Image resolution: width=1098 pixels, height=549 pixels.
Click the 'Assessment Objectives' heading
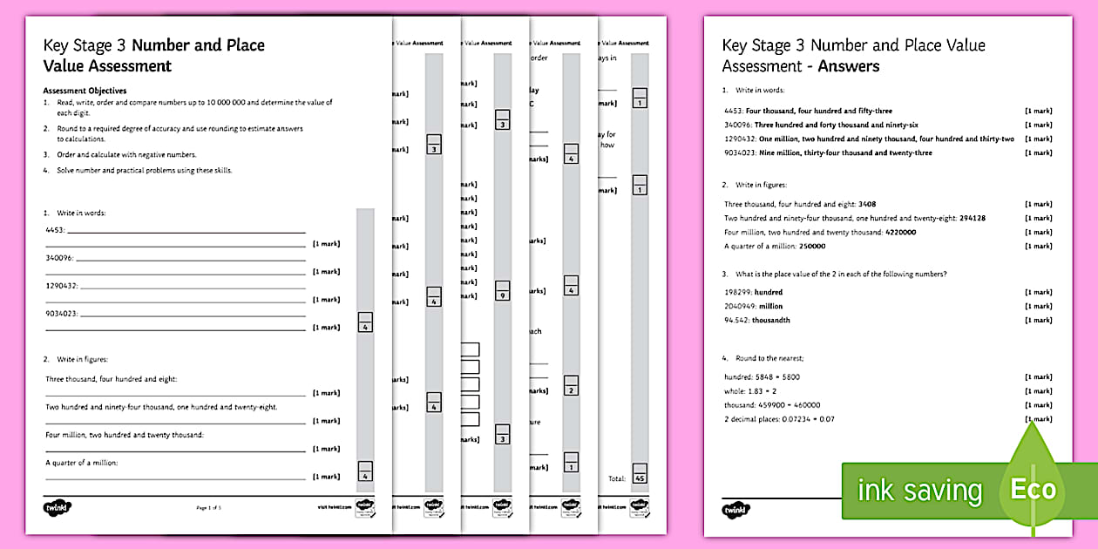(x=85, y=91)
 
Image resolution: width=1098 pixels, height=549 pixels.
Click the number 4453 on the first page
(x=55, y=230)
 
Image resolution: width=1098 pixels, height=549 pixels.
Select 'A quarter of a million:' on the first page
(x=81, y=463)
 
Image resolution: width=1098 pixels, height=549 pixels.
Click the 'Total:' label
(x=616, y=478)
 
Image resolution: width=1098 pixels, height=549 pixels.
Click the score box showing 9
(x=502, y=291)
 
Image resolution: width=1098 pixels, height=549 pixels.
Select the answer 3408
(x=867, y=204)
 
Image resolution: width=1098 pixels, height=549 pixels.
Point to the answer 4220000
(x=900, y=232)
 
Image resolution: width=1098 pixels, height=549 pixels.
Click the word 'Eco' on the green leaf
(x=1033, y=489)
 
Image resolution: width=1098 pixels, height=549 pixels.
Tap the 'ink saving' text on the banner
(x=919, y=491)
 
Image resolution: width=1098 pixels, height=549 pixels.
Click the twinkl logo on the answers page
(x=736, y=509)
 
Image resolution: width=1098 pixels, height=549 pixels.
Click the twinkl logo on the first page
(x=58, y=507)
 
